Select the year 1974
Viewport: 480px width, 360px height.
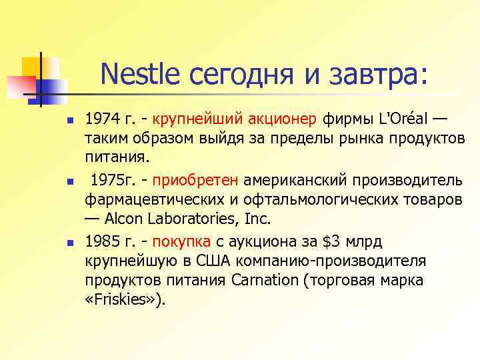[x=102, y=120]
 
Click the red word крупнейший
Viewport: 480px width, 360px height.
[x=189, y=120]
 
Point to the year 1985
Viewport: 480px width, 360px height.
[x=102, y=240]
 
